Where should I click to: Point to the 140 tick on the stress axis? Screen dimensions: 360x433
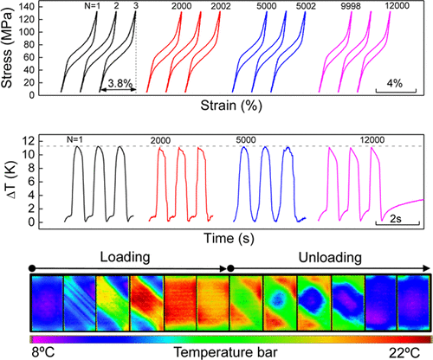41,7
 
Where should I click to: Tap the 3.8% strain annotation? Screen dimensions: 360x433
118,83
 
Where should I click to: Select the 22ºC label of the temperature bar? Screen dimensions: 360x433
412,352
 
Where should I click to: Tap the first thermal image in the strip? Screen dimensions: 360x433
46,302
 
